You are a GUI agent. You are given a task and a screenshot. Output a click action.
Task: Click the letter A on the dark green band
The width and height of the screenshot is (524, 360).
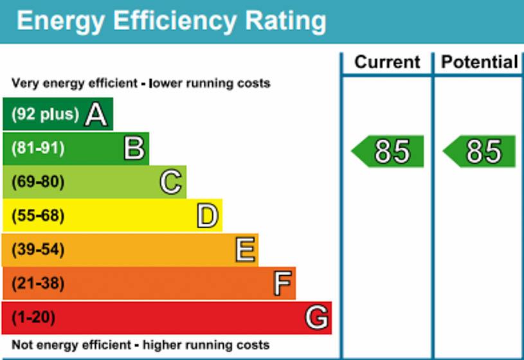(96, 114)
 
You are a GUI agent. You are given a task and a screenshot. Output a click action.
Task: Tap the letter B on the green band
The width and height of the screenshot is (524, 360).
(134, 148)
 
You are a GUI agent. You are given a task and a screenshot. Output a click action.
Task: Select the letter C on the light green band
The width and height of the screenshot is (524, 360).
(171, 182)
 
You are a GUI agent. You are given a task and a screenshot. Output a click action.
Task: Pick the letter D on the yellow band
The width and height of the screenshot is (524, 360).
(208, 216)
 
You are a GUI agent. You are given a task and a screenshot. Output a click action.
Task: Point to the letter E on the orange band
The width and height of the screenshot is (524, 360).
(246, 249)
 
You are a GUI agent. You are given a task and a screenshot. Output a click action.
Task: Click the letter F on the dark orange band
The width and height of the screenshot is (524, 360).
(282, 283)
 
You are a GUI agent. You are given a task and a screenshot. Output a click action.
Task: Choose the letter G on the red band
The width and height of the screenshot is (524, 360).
(317, 317)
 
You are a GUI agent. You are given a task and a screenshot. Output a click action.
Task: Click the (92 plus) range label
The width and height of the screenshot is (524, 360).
(45, 114)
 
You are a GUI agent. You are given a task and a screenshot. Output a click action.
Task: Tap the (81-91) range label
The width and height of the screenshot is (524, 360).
(38, 148)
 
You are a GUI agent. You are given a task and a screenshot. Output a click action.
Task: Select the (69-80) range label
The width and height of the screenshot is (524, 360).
(38, 182)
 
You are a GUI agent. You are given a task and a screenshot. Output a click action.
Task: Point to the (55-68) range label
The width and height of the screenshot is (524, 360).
(38, 216)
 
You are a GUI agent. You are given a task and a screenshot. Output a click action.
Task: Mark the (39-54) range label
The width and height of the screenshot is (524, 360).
(38, 249)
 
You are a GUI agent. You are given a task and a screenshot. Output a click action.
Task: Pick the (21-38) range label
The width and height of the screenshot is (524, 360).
(38, 283)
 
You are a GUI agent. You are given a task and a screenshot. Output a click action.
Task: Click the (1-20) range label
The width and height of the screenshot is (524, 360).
(33, 317)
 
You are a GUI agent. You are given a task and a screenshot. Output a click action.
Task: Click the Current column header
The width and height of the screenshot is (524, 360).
(387, 62)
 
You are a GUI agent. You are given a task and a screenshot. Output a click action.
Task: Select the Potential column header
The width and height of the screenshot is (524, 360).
(480, 62)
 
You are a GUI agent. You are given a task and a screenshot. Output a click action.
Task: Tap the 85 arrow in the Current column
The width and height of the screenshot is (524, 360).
(387, 152)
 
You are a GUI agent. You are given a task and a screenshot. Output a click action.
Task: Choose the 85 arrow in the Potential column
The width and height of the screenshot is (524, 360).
(479, 152)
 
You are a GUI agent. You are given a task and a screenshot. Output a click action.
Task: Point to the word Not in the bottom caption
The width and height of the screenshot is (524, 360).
(21, 345)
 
